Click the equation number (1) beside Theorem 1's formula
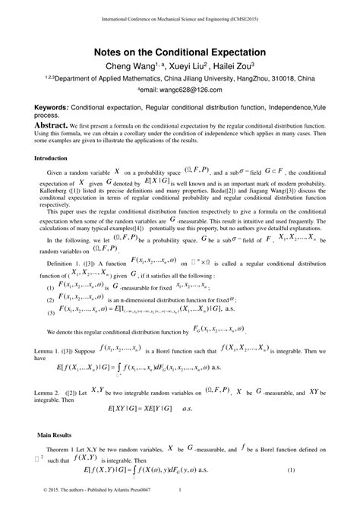[x=311, y=472]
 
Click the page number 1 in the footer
[x=178, y=498]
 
